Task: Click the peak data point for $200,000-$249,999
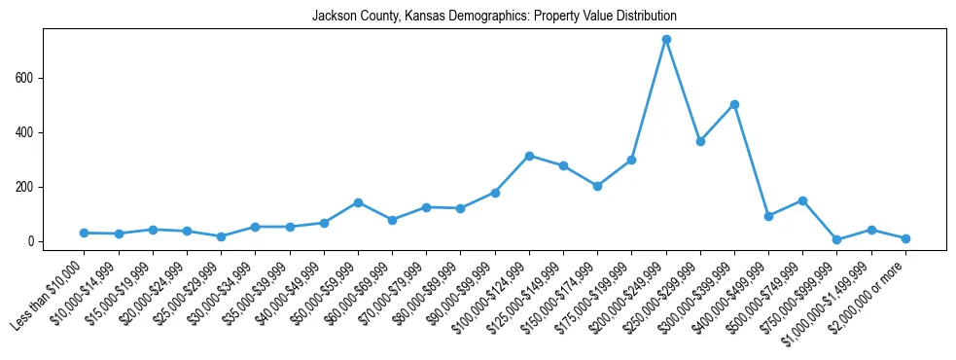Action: tap(666, 40)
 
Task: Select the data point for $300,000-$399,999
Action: tap(734, 104)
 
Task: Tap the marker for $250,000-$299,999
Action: tap(700, 141)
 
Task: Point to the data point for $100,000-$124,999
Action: tap(529, 156)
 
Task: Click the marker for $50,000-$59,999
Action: tap(358, 202)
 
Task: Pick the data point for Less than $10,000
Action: tap(85, 233)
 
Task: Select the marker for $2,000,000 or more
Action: tap(905, 238)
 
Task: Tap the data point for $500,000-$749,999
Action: tap(802, 200)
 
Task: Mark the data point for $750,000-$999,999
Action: tap(836, 239)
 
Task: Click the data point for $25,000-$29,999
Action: tap(221, 236)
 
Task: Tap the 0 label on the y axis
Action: tap(33, 241)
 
